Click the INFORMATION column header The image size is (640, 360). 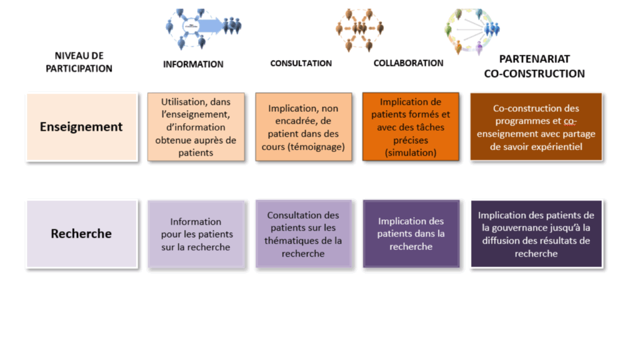tap(193, 64)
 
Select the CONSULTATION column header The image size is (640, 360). tap(301, 63)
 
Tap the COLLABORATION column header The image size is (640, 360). tap(408, 63)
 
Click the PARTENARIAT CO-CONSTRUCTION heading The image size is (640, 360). tap(534, 66)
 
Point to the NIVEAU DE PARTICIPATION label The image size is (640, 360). tap(79, 62)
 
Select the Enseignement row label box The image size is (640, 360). tap(82, 127)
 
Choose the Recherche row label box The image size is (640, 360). tap(82, 234)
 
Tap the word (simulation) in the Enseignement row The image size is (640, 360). tap(411, 152)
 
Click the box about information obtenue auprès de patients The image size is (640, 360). tap(196, 127)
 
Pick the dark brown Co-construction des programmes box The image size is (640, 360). tap(536, 127)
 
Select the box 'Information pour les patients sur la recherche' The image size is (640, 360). tap(196, 234)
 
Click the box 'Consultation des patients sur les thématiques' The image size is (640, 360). tap(303, 234)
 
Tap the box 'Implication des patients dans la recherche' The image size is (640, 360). tap(411, 234)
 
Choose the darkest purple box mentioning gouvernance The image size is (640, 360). tap(536, 234)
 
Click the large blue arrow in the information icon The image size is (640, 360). tap(210, 26)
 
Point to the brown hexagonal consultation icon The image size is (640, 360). tap(359, 29)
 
